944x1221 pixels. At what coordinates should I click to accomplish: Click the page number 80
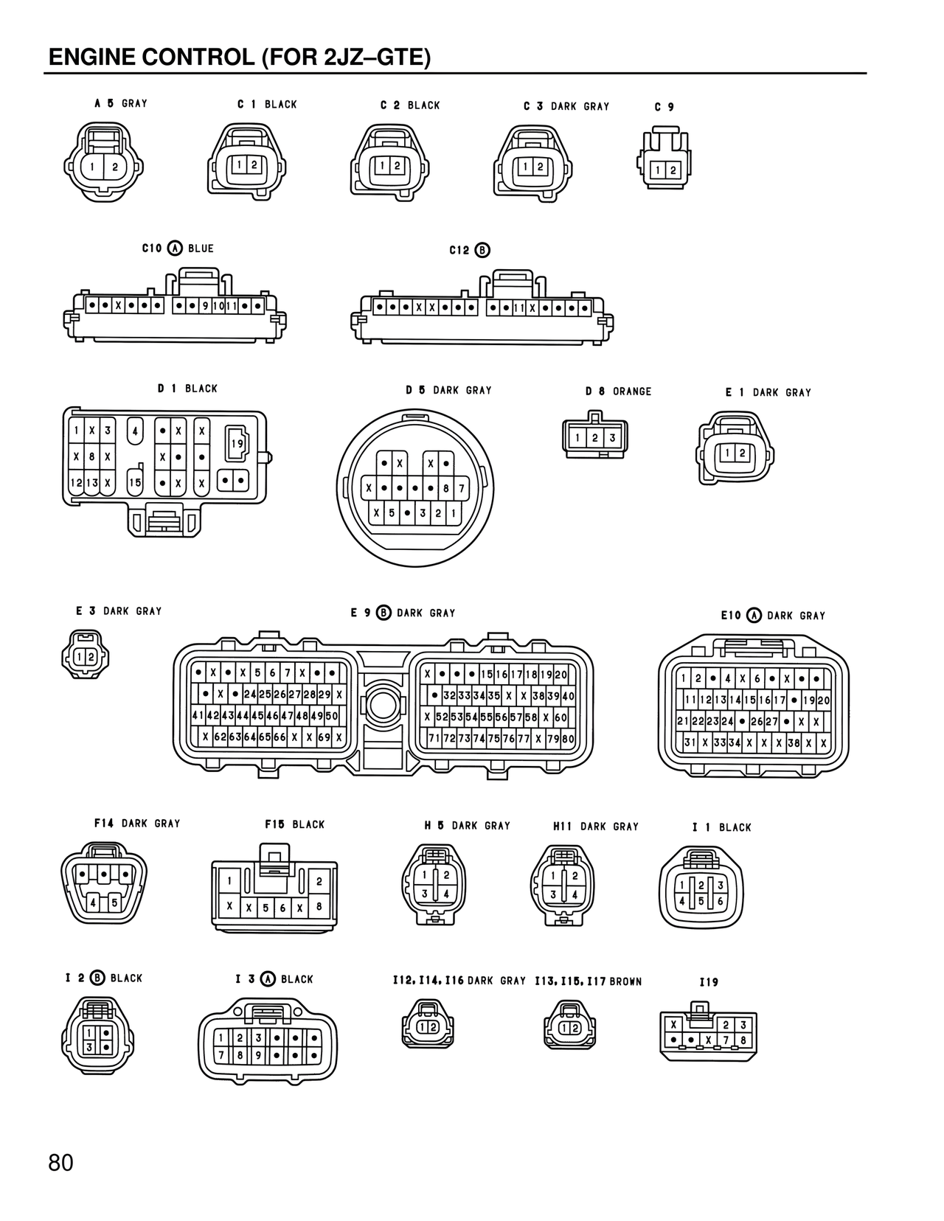[61, 1163]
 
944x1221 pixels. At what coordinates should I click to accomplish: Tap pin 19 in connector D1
[237, 444]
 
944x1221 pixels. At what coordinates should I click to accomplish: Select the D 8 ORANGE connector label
[618, 391]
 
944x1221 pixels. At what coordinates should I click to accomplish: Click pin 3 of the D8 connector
[612, 438]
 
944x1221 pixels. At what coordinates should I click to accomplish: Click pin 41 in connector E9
[198, 715]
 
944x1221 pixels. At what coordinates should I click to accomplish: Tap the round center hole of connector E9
[383, 706]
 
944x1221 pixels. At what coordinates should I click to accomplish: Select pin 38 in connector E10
[794, 743]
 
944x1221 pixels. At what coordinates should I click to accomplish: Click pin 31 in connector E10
[690, 742]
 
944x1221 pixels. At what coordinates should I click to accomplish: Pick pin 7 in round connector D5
[462, 488]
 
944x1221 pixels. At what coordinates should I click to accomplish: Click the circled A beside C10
[175, 248]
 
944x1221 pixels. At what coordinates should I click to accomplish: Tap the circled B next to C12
[482, 250]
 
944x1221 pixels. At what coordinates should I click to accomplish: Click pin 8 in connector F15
[319, 907]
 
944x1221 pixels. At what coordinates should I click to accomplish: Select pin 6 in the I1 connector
[721, 901]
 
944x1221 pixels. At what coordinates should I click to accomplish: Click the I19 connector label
[708, 982]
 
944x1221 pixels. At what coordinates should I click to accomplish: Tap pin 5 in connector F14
[114, 902]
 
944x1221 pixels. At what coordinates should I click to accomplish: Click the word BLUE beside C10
[201, 248]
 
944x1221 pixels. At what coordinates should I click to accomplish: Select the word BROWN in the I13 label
[625, 981]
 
